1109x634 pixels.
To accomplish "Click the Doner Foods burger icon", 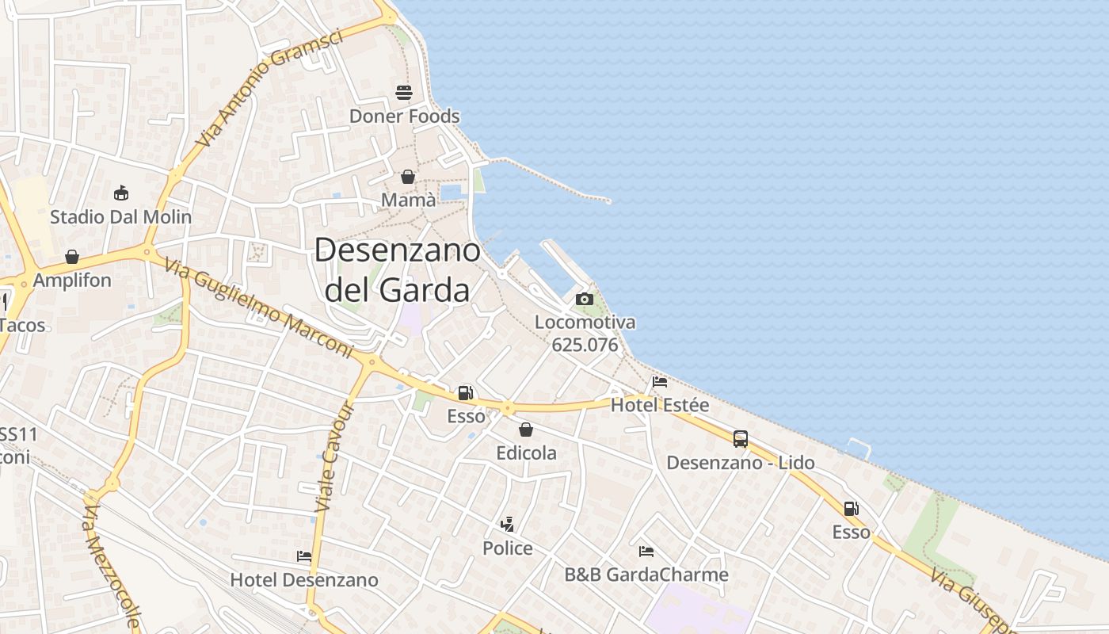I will (x=404, y=93).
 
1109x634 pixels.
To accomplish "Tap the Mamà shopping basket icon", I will (x=408, y=176).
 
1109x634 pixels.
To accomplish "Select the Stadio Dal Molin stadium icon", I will (x=121, y=193).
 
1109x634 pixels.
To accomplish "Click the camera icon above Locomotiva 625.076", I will (x=585, y=299).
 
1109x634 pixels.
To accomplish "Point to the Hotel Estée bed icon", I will (x=660, y=381).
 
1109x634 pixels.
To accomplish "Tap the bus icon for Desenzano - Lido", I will (x=741, y=439).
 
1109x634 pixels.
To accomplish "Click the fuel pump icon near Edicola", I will (x=466, y=392).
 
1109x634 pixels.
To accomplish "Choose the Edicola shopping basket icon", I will (x=526, y=430).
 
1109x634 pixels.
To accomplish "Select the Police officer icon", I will (x=508, y=524).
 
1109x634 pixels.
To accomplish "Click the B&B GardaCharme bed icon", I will (x=646, y=551).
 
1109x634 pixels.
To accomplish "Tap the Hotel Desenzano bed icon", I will (x=304, y=556).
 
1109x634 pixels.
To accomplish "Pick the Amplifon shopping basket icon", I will (x=72, y=257).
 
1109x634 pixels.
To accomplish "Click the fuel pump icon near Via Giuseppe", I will (x=852, y=509).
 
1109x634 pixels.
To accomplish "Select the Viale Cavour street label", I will (x=334, y=456).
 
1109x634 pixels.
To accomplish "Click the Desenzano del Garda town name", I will (x=398, y=270).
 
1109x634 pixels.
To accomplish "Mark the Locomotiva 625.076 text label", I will (x=585, y=334).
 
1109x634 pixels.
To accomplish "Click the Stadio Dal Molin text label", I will (x=121, y=216).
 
